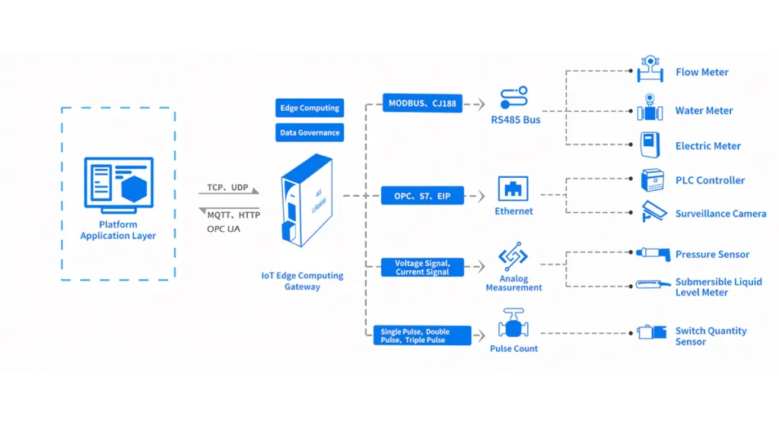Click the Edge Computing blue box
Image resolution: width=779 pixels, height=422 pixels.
click(x=309, y=108)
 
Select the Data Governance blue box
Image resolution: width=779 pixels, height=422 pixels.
click(x=309, y=132)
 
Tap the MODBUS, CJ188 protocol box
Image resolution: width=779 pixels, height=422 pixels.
click(x=422, y=103)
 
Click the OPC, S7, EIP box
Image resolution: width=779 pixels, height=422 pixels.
click(x=422, y=196)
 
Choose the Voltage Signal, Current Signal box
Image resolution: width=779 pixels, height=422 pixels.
click(x=422, y=267)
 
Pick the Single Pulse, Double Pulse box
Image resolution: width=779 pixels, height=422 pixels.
click(x=422, y=335)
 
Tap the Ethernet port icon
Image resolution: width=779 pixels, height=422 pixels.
click(x=514, y=189)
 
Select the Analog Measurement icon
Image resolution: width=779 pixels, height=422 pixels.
click(x=514, y=256)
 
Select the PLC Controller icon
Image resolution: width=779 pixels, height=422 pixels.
click(x=651, y=180)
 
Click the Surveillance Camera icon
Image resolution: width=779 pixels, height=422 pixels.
click(x=653, y=211)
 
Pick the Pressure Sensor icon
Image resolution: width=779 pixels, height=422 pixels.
click(x=652, y=253)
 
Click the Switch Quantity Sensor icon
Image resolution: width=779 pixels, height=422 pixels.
click(x=651, y=332)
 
